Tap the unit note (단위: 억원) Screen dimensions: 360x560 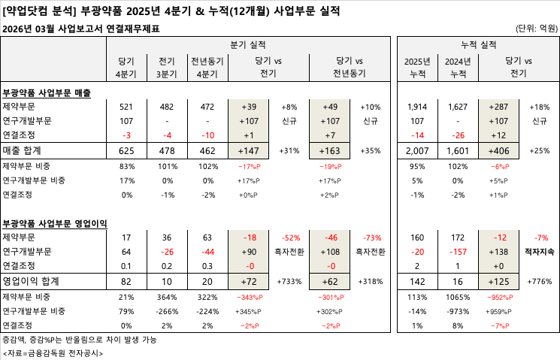pyautogui.click(x=537, y=29)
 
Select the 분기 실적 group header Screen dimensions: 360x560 pyautogui.click(x=247, y=45)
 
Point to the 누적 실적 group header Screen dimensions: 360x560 pyautogui.click(x=478, y=45)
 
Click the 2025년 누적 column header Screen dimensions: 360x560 pyautogui.click(x=416, y=66)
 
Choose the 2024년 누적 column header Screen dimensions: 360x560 pyautogui.click(x=457, y=66)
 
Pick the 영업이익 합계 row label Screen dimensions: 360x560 pyautogui.click(x=35, y=282)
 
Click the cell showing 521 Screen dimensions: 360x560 pyautogui.click(x=126, y=107)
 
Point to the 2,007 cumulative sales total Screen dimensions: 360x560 pyautogui.click(x=416, y=151)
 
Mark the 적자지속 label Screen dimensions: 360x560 pyautogui.click(x=539, y=253)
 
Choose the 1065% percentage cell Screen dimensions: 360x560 pyautogui.click(x=457, y=297)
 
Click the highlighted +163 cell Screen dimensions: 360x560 pyautogui.click(x=331, y=151)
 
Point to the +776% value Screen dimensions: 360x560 pyautogui.click(x=539, y=282)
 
